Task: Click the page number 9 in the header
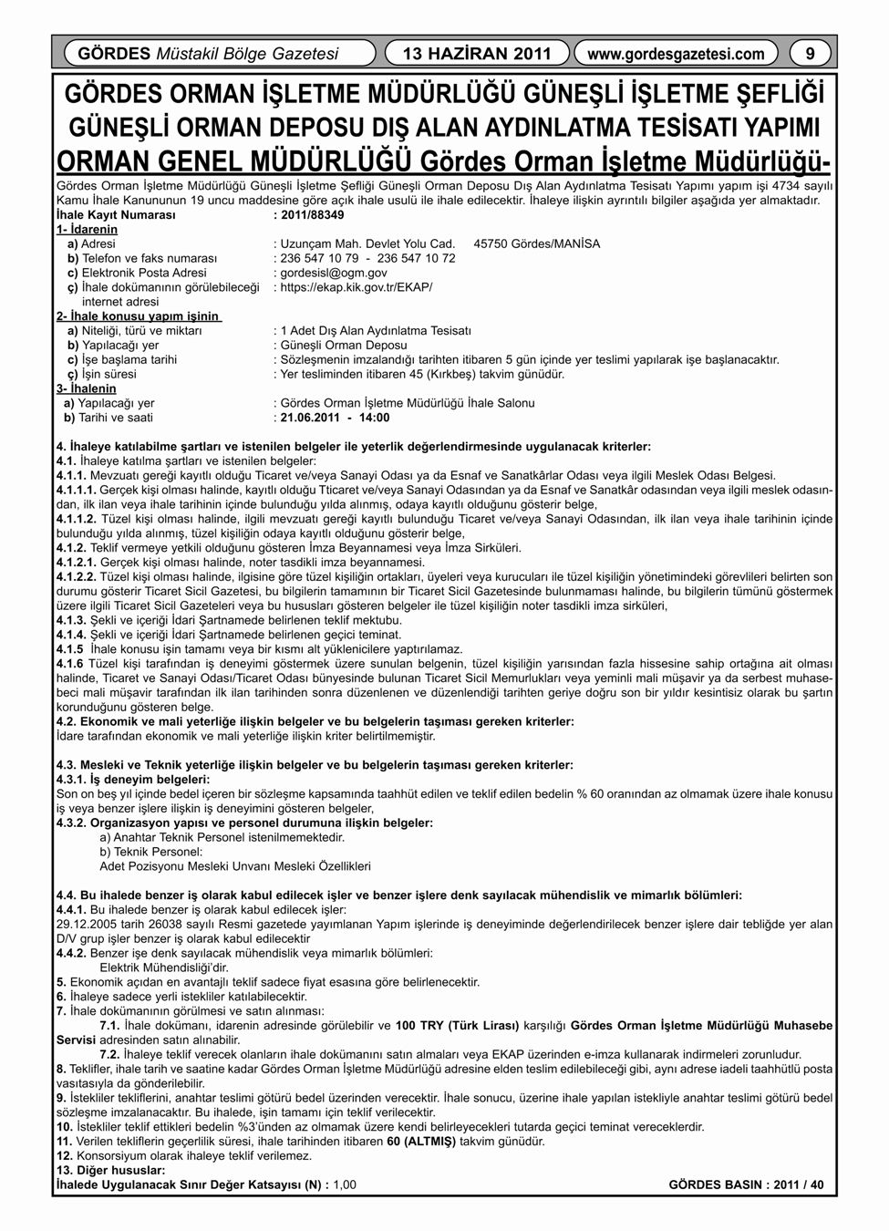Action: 810,54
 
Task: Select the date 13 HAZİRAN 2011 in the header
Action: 477,54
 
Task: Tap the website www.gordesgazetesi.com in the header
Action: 676,54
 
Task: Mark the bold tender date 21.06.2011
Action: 310,418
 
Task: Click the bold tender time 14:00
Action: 373,418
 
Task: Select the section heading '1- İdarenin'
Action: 87,230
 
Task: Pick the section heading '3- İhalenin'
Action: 87,388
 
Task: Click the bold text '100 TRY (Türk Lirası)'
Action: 457,1025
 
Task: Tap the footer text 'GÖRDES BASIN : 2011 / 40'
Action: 746,1184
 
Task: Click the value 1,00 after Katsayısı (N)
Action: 345,1184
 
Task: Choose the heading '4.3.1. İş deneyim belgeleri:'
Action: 133,780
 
